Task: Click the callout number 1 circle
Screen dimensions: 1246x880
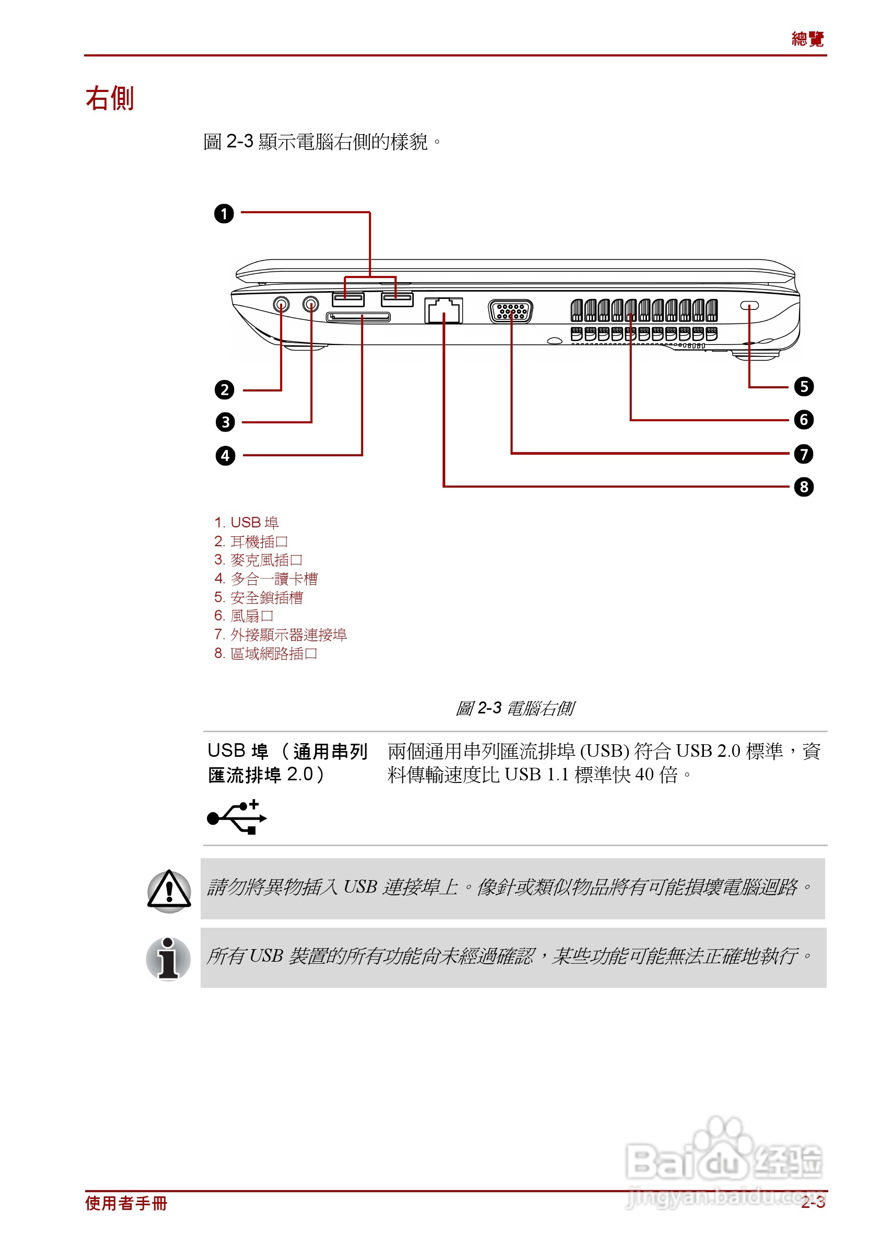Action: (224, 213)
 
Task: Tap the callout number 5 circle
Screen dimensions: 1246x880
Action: (804, 386)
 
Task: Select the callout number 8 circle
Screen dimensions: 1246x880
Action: (804, 486)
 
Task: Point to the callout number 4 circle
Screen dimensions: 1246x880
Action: (225, 455)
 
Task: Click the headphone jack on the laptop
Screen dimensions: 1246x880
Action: (281, 304)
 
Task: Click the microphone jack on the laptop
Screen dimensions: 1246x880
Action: (311, 304)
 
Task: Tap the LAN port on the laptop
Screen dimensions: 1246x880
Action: (443, 310)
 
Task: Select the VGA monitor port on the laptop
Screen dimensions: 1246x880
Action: (511, 311)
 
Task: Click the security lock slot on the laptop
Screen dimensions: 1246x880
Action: (749, 305)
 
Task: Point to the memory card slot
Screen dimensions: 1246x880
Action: (358, 317)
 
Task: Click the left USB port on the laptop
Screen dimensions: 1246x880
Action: (348, 298)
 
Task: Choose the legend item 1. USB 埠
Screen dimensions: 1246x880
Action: (246, 522)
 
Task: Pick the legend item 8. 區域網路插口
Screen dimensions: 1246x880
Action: (265, 653)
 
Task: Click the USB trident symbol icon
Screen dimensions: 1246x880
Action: (237, 817)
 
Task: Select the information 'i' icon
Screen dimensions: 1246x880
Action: (169, 958)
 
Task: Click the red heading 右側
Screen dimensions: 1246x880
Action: (110, 98)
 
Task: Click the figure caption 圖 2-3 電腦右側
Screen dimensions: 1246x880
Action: (514, 708)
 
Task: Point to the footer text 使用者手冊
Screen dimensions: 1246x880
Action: (126, 1203)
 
